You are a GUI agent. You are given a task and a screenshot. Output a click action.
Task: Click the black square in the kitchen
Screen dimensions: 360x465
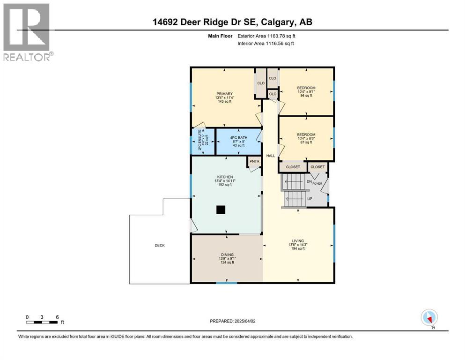coord(220,210)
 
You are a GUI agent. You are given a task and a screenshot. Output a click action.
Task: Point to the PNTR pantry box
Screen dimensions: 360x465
coord(254,162)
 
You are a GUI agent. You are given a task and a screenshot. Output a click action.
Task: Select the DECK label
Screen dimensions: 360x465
coord(160,246)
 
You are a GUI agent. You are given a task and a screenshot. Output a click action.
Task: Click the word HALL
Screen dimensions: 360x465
coord(271,156)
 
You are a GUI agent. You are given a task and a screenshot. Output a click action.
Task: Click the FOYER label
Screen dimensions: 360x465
coord(317,184)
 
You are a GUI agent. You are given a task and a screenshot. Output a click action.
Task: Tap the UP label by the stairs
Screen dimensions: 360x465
coord(310,198)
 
